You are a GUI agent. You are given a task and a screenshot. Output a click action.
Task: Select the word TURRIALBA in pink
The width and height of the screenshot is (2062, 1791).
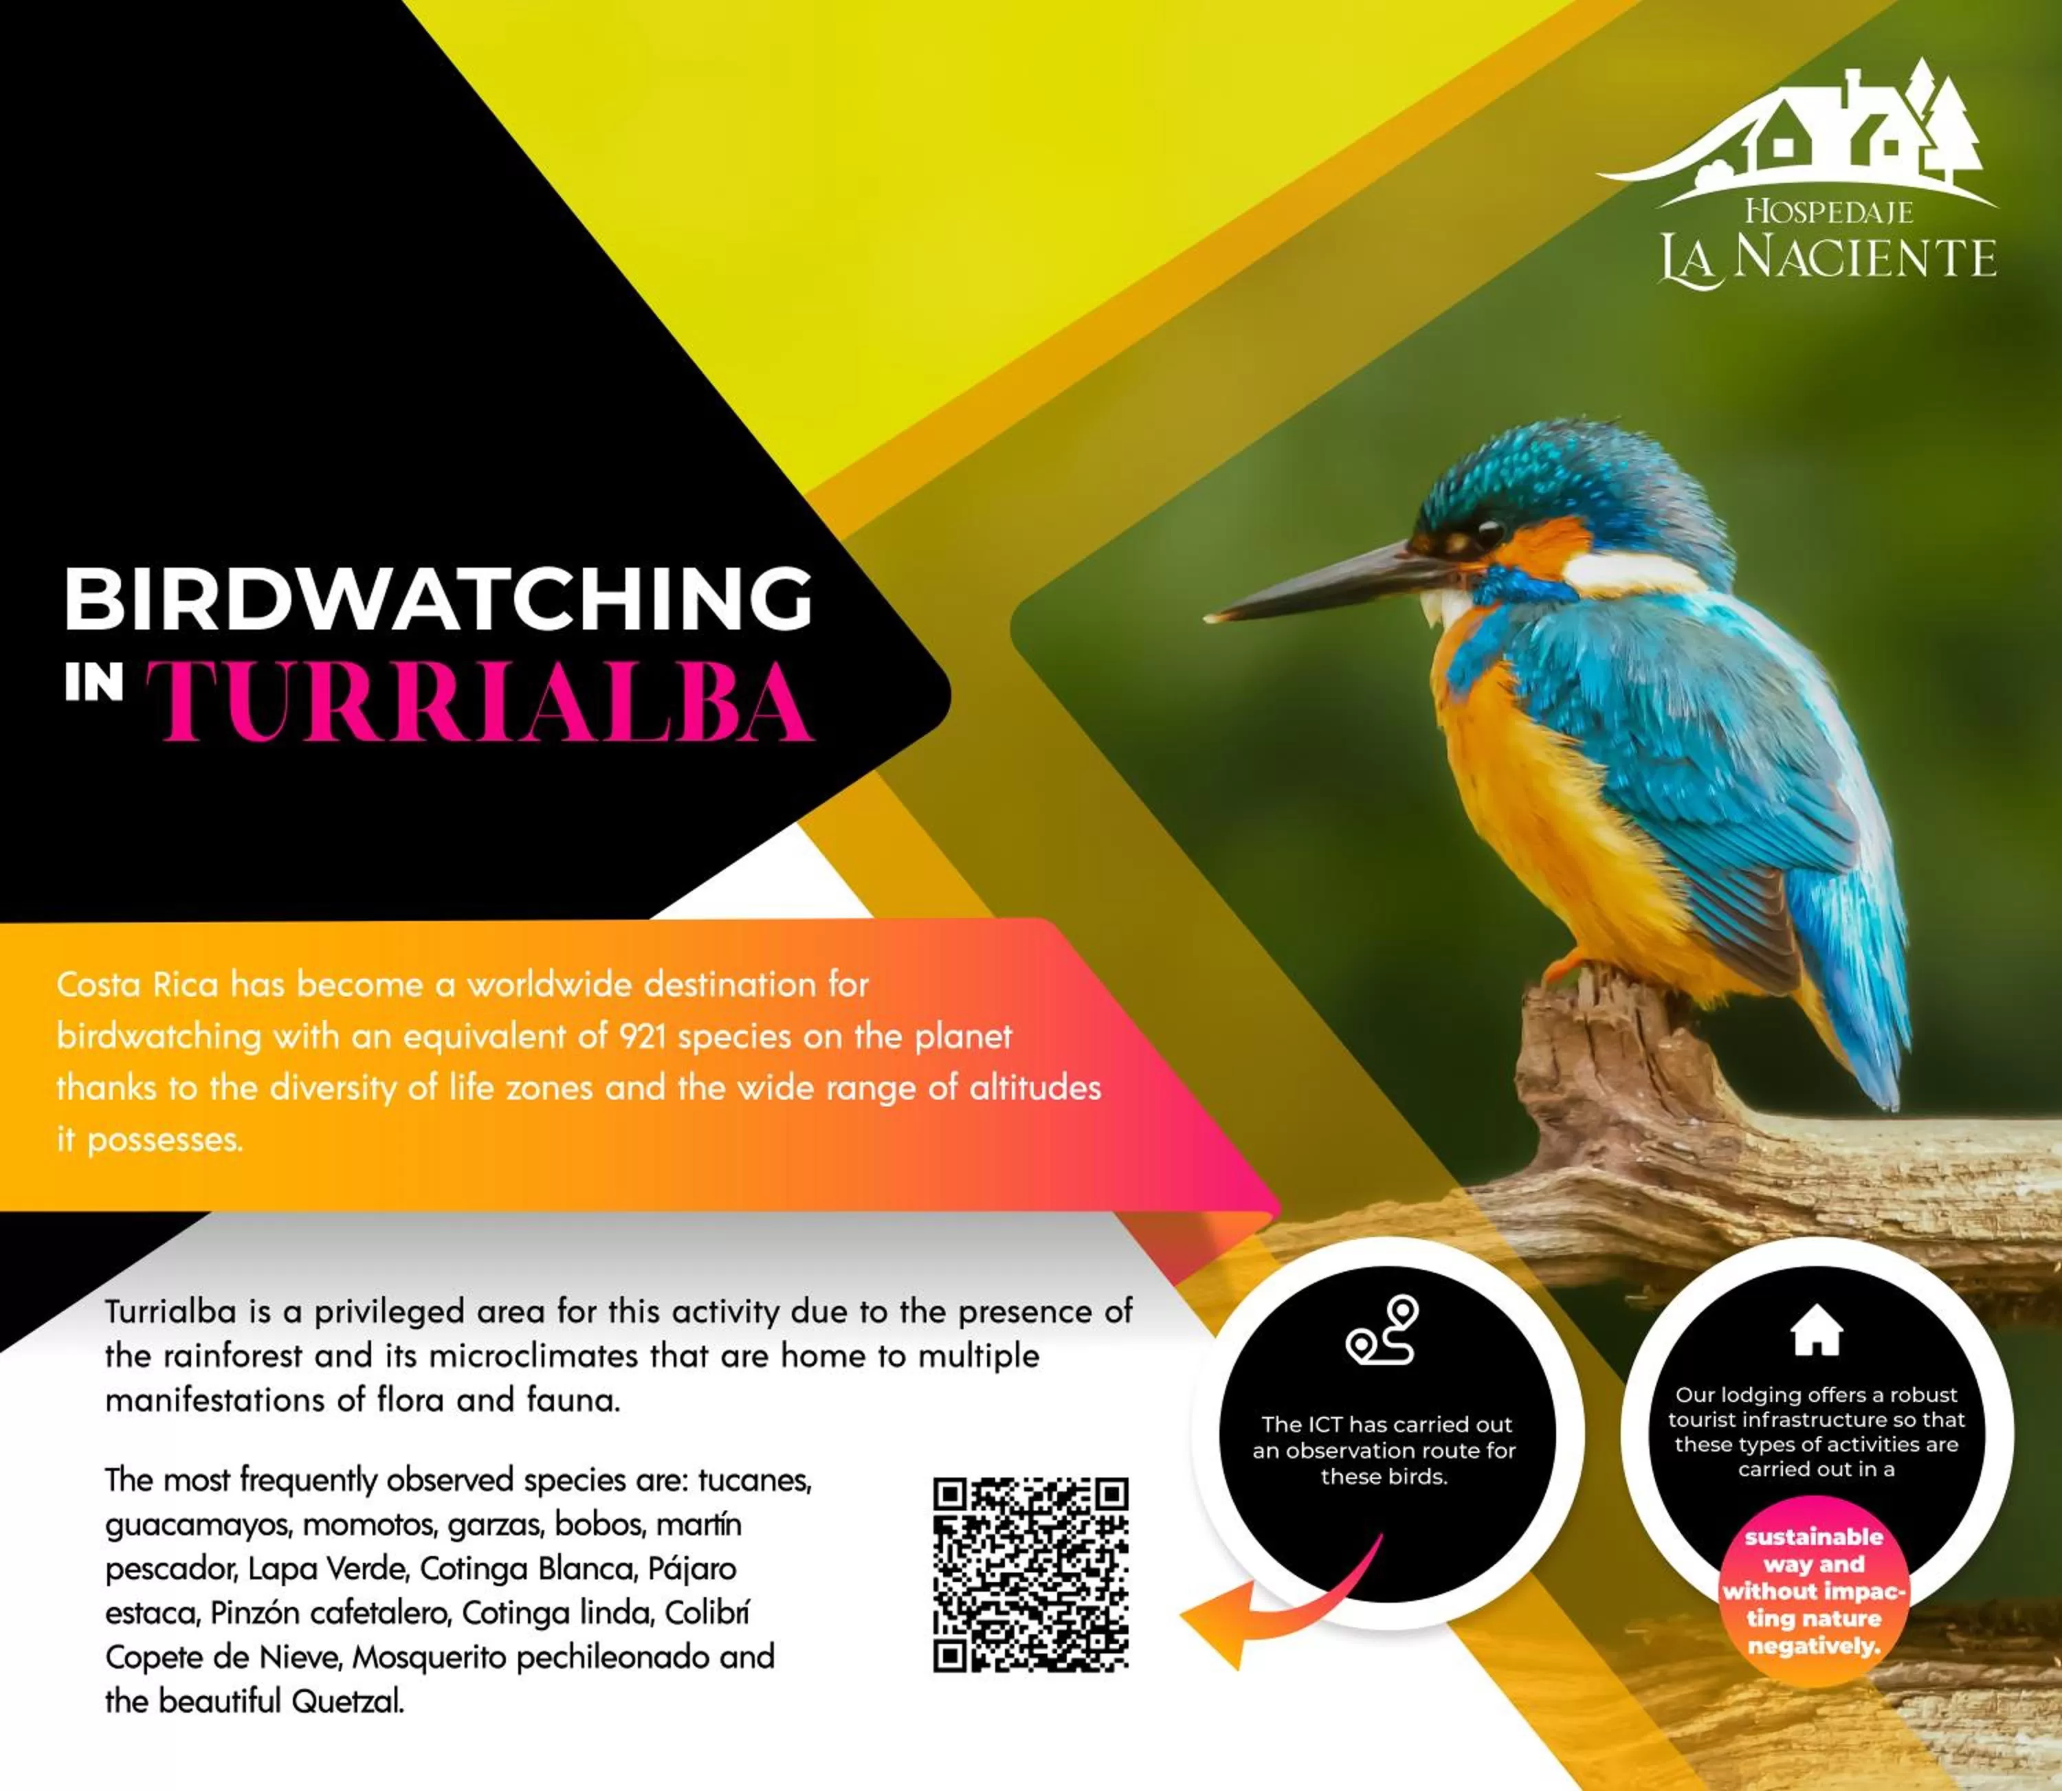point(480,700)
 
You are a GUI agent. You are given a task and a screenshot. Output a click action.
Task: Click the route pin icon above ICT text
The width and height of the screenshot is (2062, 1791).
point(1382,1331)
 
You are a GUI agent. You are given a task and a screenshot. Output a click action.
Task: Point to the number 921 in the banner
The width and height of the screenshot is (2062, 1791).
point(643,1036)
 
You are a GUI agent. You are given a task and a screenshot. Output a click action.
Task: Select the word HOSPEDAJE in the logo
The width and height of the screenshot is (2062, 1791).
point(1828,211)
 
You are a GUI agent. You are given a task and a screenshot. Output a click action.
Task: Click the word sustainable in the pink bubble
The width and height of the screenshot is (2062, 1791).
point(1813,1537)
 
